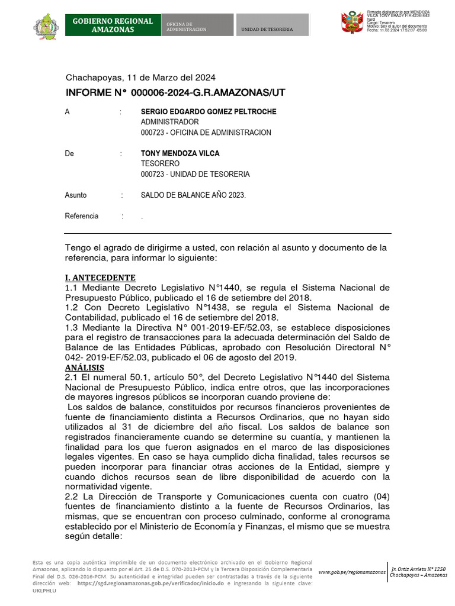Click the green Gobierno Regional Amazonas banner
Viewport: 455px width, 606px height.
(113, 25)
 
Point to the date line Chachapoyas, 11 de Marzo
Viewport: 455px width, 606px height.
(140, 78)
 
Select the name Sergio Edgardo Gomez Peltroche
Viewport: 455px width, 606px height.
(209, 112)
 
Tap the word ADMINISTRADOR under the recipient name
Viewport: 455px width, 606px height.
(169, 122)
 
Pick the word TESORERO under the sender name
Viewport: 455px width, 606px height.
(160, 163)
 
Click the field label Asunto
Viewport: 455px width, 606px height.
(76, 195)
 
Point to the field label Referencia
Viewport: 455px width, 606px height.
(82, 216)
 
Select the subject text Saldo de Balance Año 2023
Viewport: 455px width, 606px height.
(193, 195)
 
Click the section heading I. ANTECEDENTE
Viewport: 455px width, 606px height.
(100, 278)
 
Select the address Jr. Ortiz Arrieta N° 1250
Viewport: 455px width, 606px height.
(419, 569)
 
